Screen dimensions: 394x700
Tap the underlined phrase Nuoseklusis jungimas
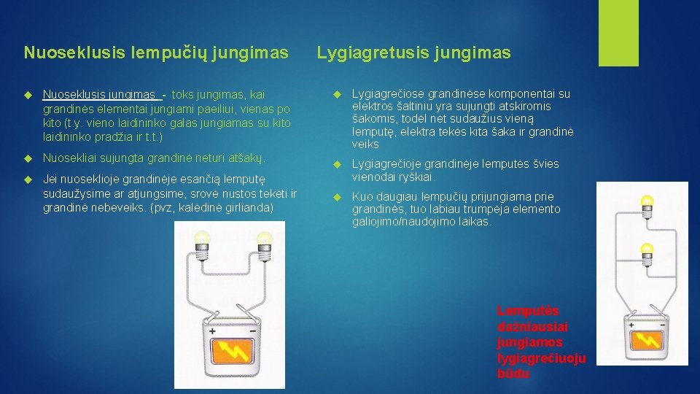99,94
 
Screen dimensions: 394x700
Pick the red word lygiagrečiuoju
540,358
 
